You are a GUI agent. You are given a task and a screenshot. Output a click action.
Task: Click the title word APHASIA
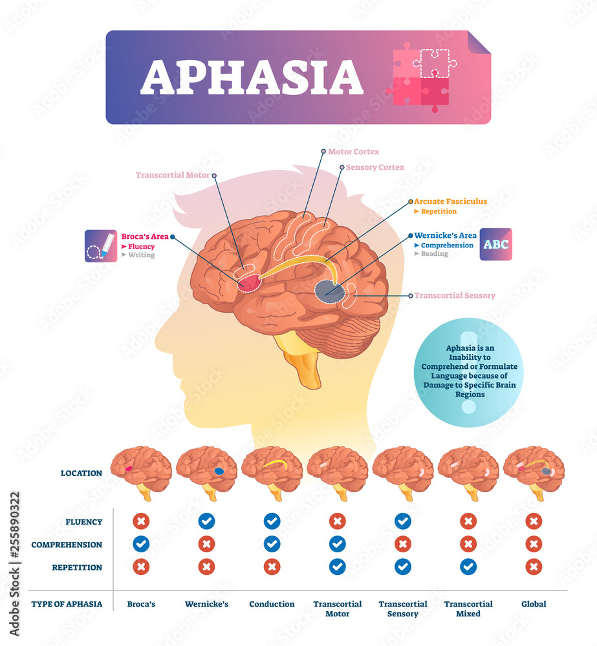point(252,78)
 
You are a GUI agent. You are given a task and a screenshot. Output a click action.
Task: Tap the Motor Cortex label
point(353,152)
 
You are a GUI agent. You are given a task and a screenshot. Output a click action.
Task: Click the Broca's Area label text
point(145,236)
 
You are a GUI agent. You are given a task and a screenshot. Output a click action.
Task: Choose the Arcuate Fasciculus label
point(450,202)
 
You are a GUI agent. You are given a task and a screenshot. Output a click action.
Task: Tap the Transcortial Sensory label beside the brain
point(455,295)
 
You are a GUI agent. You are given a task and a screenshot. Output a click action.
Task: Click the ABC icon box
point(495,244)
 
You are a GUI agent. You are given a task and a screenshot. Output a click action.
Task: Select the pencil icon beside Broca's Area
point(101,245)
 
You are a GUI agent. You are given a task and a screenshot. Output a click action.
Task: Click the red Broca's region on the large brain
point(249,283)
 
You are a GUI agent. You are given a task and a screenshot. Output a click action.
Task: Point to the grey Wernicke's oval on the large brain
point(329,290)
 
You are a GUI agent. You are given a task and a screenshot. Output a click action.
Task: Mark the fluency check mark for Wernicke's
point(207,521)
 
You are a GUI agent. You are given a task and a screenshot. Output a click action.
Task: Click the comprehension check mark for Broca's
point(141,545)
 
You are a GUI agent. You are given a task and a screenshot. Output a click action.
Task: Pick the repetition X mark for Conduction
point(272,567)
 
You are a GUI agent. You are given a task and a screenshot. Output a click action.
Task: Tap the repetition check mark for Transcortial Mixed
point(468,567)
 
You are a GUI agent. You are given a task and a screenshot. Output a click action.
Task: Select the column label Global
point(534,604)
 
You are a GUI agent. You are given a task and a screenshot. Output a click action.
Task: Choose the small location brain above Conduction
point(272,472)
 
